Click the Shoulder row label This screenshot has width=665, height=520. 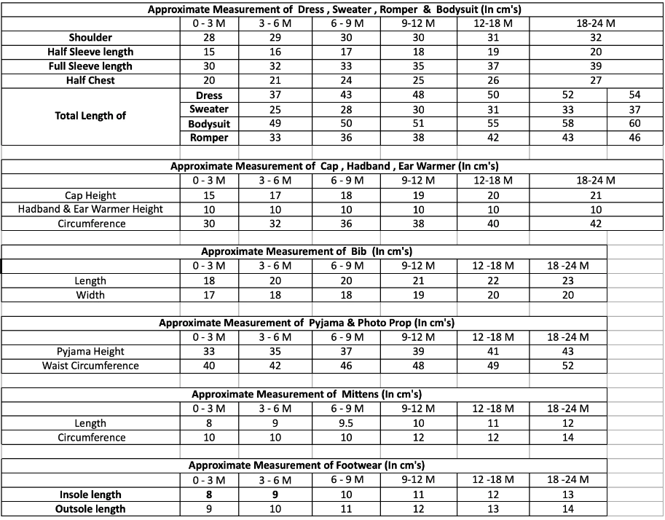[90, 37]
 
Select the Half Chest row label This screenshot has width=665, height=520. [90, 80]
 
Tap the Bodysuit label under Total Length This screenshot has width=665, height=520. [209, 124]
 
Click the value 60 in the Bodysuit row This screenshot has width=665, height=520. [635, 124]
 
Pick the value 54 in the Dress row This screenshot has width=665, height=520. [635, 95]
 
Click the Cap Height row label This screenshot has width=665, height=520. [90, 195]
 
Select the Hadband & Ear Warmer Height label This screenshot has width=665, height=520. [90, 209]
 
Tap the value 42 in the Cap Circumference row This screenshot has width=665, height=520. [596, 224]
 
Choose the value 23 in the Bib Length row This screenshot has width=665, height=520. [568, 280]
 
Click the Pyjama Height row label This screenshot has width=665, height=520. [90, 352]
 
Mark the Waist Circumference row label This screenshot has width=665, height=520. [90, 366]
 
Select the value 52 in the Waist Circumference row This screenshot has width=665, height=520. [568, 366]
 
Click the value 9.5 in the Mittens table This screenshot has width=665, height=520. [347, 423]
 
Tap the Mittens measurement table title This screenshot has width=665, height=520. [307, 394]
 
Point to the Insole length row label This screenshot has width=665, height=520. [90, 495]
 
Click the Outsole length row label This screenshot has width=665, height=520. [90, 509]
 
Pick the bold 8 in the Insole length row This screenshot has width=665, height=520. [209, 495]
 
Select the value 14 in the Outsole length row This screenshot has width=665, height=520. [568, 509]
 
